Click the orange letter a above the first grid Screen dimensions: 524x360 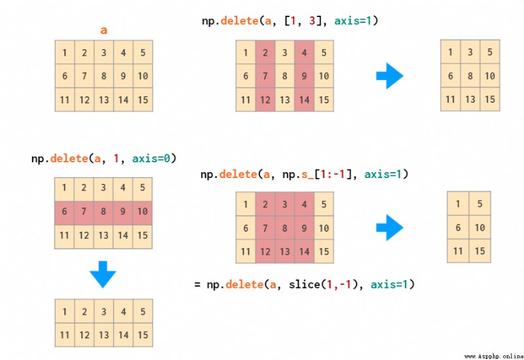[x=103, y=30]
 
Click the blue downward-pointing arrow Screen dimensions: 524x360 [x=103, y=274]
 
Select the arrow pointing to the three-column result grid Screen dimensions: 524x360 [x=390, y=76]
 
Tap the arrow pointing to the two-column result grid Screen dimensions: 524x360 [x=390, y=227]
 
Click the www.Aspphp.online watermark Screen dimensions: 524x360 [x=494, y=356]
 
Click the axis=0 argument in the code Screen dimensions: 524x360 [x=151, y=158]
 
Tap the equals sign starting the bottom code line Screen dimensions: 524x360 [x=198, y=285]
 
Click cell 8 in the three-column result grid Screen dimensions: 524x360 [x=470, y=76]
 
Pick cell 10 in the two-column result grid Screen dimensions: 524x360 [x=480, y=227]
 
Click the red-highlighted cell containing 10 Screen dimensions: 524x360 [x=142, y=211]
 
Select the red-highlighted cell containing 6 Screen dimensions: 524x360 [x=64, y=211]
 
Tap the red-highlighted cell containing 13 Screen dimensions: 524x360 [x=285, y=251]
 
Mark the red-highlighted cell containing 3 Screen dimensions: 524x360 [x=285, y=204]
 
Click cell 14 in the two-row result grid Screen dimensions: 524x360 [x=123, y=334]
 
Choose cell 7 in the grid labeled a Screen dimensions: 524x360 [x=84, y=76]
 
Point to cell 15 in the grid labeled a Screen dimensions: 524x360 [x=143, y=99]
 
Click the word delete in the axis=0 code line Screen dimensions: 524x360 [x=69, y=158]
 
